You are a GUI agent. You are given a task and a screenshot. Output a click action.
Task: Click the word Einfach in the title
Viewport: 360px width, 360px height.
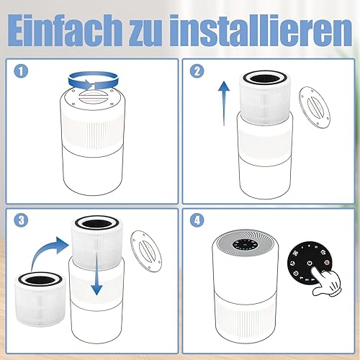click(x=66, y=30)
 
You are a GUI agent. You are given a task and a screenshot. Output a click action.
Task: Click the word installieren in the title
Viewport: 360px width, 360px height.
click(x=260, y=30)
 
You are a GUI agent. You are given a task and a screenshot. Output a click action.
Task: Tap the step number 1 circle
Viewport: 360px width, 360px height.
click(x=21, y=71)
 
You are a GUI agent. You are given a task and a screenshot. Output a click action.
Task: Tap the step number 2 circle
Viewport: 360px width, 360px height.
click(x=197, y=71)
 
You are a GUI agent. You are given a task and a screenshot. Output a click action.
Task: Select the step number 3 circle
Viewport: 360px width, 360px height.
click(x=21, y=220)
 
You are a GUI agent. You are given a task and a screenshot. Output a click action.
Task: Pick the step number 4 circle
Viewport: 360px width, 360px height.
click(x=197, y=220)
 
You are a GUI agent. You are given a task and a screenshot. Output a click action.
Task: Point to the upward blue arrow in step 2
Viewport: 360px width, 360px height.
click(x=224, y=103)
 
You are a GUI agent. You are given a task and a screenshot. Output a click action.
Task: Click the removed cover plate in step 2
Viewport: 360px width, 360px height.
click(x=315, y=107)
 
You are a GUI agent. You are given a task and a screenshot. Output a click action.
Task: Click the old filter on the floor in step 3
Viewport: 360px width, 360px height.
click(x=40, y=300)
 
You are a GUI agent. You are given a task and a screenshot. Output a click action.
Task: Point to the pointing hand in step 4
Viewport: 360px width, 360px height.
click(x=326, y=283)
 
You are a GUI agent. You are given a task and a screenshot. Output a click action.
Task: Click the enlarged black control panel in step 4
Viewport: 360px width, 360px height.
click(x=310, y=263)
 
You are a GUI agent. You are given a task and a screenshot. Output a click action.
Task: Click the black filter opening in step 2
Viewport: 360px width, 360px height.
click(x=264, y=78)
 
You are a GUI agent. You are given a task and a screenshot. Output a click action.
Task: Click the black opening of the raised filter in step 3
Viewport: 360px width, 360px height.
click(x=96, y=223)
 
